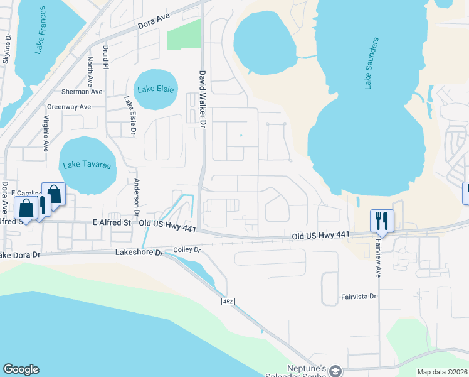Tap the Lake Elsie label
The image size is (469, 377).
coord(154,89)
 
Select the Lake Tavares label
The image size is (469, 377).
coord(87,165)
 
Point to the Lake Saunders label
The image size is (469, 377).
coord(371,63)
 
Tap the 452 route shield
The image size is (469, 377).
coord(228,302)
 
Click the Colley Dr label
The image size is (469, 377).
coord(187,249)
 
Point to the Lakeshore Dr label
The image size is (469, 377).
coord(139,253)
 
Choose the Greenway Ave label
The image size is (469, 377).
coord(69,107)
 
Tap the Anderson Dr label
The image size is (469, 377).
coord(135,196)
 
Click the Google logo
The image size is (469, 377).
coord(21,369)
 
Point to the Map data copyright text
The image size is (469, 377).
coord(442,372)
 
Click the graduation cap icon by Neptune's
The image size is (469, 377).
coord(336,372)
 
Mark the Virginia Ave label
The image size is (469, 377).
coord(46,134)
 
